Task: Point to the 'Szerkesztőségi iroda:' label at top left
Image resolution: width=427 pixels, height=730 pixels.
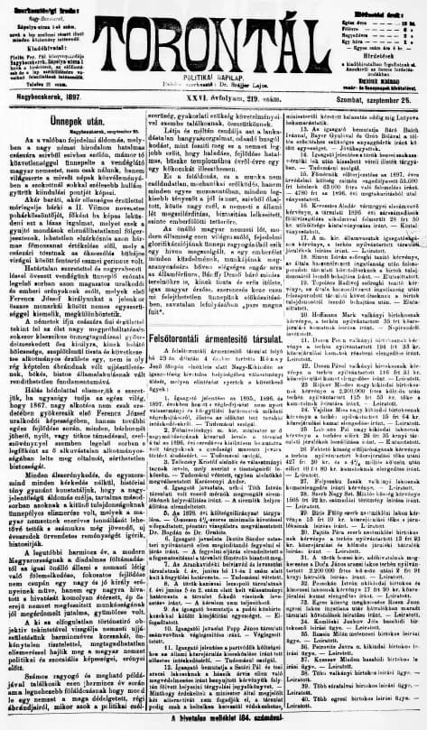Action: click(42, 5)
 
